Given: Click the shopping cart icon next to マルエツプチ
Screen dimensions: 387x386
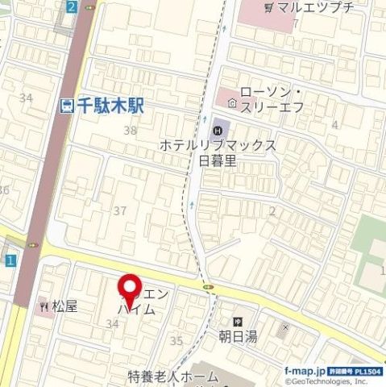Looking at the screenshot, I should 268,8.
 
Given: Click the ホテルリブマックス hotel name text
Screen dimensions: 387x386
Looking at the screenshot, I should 218,145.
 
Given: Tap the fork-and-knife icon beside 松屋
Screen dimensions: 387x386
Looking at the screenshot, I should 44,306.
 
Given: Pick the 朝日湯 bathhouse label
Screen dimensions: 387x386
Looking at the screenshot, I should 238,336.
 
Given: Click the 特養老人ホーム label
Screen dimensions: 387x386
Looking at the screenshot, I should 172,377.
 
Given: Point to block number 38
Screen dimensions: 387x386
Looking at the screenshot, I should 130,130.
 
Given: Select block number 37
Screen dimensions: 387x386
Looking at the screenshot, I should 120,210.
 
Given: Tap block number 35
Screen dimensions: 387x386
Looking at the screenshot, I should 176,341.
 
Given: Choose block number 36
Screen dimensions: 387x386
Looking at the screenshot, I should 4,190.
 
